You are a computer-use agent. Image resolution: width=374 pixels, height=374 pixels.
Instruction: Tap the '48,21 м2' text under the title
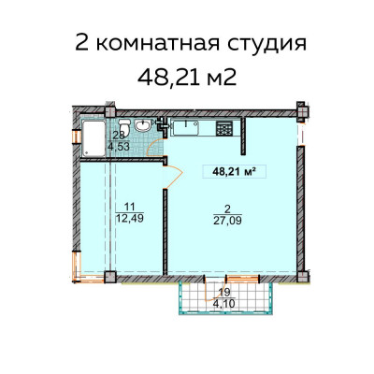pos(188,77)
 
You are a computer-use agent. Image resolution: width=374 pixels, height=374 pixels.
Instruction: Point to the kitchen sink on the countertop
pos(184,124)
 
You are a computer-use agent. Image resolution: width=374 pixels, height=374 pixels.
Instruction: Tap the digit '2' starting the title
pos(80,44)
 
